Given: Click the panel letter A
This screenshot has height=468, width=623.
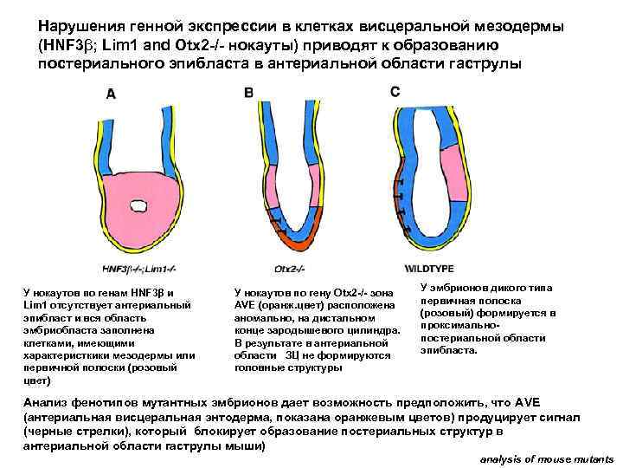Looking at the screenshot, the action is click(110, 96).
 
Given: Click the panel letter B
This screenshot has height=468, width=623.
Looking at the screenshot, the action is click(249, 92).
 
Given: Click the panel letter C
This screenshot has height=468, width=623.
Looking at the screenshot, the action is click(395, 91).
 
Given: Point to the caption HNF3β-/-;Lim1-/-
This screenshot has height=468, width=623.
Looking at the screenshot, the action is click(138, 268).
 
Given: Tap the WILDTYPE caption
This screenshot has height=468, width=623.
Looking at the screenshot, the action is click(429, 268).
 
